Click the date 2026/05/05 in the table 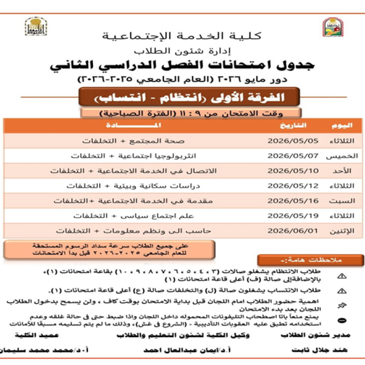coord(292,141)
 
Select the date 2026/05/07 coord(292,156)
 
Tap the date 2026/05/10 coord(292,171)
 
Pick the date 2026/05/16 coord(292,201)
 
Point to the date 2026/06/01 coord(292,230)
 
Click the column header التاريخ coord(293,126)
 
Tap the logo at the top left coord(36,27)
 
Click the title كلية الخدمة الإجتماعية coord(182,36)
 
